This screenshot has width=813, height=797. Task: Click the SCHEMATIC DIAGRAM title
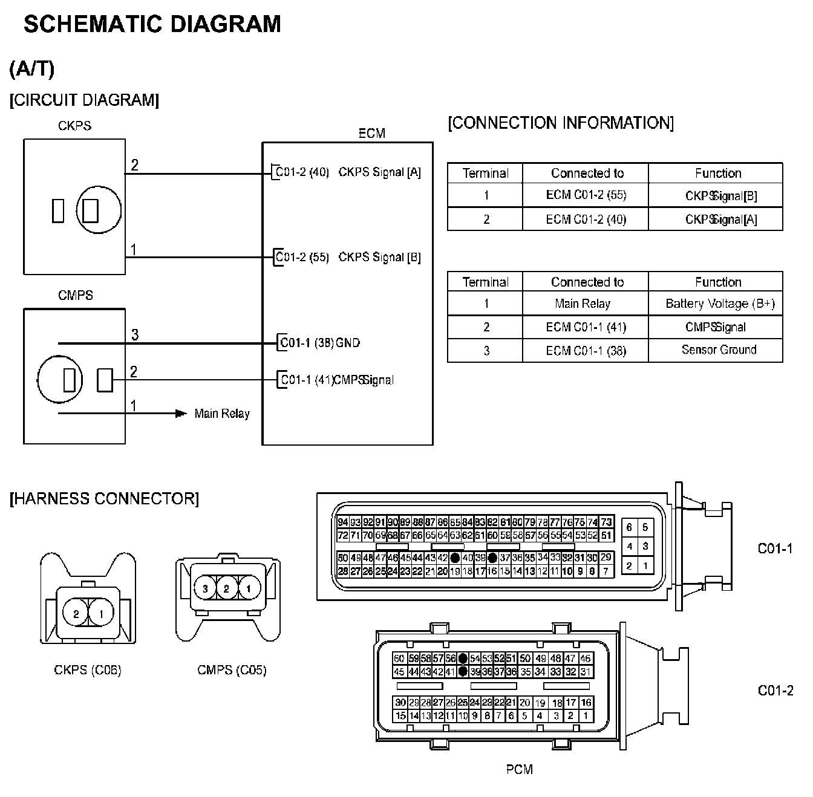(x=152, y=24)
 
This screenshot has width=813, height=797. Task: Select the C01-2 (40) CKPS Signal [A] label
(x=348, y=172)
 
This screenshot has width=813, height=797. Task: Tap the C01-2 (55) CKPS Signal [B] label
(x=348, y=257)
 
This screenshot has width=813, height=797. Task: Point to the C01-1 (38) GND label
(x=320, y=343)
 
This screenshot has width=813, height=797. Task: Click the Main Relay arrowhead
(x=180, y=414)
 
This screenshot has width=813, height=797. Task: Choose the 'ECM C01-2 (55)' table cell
(x=586, y=195)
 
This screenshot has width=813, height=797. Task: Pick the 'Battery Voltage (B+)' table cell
(x=719, y=304)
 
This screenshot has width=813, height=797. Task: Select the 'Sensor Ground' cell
(x=719, y=350)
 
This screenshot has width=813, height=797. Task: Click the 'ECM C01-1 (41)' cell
(x=586, y=327)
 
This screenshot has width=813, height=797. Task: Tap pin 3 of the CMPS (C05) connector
(x=206, y=588)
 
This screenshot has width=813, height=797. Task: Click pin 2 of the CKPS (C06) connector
(x=76, y=614)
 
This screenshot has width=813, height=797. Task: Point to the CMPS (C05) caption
(x=232, y=670)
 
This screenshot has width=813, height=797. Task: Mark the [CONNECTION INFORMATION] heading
(x=560, y=123)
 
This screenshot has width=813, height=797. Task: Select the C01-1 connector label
(x=775, y=548)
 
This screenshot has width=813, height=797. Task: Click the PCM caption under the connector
(x=519, y=769)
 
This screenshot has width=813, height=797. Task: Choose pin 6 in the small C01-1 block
(x=630, y=527)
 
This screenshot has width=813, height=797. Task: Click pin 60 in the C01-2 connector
(x=399, y=659)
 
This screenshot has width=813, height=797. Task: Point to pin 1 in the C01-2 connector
(x=586, y=716)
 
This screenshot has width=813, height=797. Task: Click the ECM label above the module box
(x=371, y=133)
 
